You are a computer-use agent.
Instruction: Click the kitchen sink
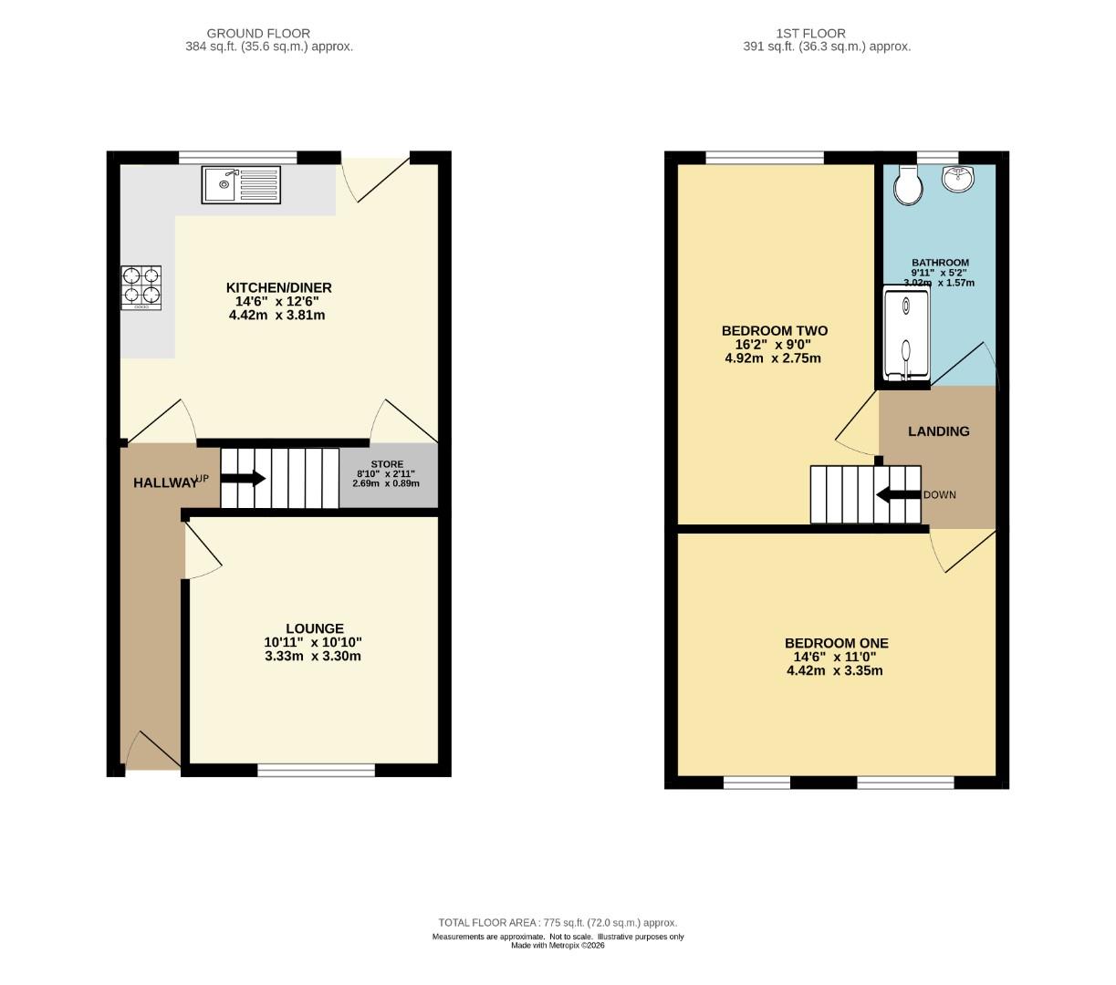point(241,185)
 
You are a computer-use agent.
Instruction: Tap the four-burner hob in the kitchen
point(141,287)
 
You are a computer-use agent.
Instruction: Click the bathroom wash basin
point(958,179)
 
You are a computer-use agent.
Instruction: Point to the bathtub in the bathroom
point(906,334)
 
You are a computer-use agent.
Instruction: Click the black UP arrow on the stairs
point(243,478)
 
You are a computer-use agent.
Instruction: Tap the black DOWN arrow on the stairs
point(899,494)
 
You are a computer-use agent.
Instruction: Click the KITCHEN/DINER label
point(278,287)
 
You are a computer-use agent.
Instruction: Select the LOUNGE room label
point(315,628)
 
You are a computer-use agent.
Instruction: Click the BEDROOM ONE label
point(836,643)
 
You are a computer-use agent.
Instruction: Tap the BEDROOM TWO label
point(775,330)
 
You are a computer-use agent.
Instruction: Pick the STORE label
point(387,464)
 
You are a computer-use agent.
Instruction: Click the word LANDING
point(939,431)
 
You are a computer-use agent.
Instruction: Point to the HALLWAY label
point(165,482)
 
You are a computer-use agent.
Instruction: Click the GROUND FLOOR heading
point(258,34)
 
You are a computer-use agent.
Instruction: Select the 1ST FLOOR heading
point(810,34)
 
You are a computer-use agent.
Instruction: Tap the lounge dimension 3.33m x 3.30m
point(313,656)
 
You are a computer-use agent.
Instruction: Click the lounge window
point(316,770)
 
